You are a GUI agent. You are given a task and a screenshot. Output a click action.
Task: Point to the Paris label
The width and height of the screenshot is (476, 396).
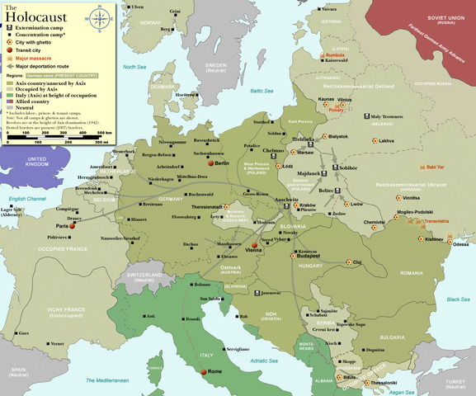60,226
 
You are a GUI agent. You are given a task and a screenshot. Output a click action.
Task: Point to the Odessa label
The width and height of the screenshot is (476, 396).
462,244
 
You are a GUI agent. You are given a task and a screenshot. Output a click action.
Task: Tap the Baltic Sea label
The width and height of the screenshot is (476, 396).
262,91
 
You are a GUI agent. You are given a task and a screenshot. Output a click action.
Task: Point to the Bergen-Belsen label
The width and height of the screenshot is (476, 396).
157,155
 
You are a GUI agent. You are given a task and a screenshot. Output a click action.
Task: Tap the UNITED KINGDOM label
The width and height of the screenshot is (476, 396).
36,162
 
